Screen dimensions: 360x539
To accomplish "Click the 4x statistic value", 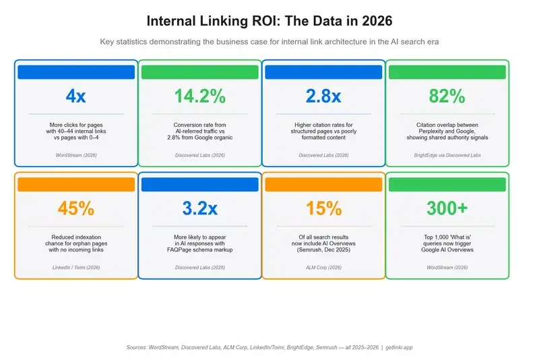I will click(76, 96).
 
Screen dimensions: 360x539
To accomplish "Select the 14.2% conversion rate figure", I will click(199, 96).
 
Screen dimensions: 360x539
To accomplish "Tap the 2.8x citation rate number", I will click(323, 96).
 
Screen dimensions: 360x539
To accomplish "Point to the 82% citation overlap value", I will click(447, 96).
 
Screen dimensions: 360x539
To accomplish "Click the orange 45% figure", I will click(76, 208).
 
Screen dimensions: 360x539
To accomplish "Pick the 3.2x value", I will click(199, 208).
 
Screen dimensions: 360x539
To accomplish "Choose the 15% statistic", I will click(323, 208).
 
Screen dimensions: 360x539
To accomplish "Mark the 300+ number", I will click(447, 208).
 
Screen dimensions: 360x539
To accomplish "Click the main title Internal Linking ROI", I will click(269, 22).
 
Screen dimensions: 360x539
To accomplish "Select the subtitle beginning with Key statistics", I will click(269, 42).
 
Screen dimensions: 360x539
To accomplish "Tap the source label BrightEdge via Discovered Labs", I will click(447, 155).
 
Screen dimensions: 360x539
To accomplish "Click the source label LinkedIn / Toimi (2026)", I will click(76, 268).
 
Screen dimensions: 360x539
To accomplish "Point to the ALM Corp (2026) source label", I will click(323, 268).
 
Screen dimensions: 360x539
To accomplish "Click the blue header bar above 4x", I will click(76, 72).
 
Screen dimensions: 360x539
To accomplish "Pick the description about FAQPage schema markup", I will click(199, 243).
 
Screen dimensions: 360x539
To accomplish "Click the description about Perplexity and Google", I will click(447, 131).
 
